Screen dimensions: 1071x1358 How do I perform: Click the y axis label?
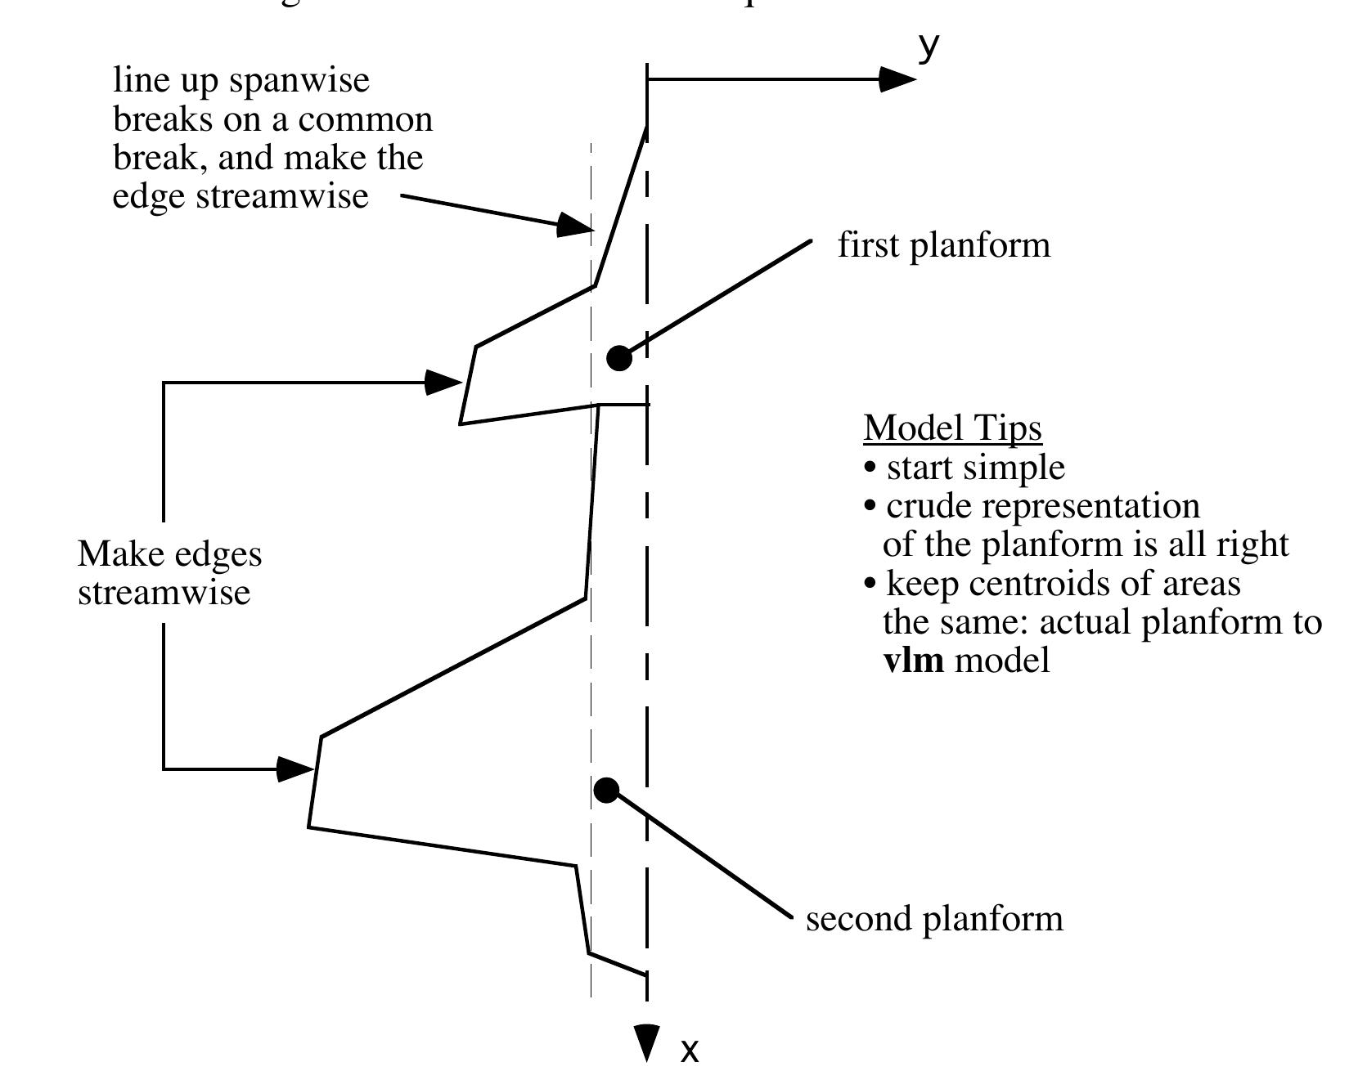point(928,47)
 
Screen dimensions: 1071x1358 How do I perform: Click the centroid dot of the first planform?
point(619,358)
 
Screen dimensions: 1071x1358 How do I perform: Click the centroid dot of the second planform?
point(606,790)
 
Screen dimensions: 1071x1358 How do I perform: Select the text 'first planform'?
point(943,245)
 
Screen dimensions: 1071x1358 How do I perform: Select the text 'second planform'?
point(934,918)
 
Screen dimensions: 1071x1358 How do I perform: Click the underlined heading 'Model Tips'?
point(953,428)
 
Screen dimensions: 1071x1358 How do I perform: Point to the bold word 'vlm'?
point(914,660)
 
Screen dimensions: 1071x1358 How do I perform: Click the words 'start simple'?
point(975,468)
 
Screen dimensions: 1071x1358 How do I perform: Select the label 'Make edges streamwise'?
point(169,572)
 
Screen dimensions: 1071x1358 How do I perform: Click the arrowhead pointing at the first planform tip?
point(445,382)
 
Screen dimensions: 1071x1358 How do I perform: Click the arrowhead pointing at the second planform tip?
point(296,769)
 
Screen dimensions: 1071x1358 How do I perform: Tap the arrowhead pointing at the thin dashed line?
point(576,225)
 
